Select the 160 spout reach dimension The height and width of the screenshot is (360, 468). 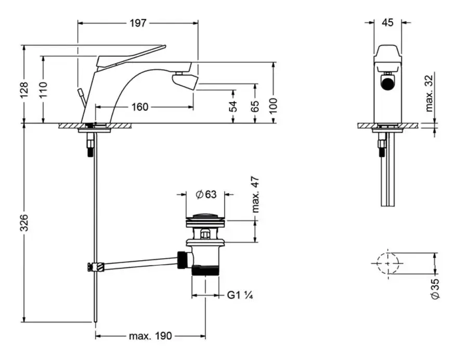[x=139, y=107]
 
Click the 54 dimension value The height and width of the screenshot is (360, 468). [x=233, y=107]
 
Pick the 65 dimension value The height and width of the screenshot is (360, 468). [x=255, y=107]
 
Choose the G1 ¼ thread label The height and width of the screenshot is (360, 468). [x=240, y=295]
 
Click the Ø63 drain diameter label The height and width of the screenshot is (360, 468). [x=206, y=194]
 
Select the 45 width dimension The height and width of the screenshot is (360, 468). [x=387, y=22]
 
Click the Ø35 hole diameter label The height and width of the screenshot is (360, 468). [x=435, y=288]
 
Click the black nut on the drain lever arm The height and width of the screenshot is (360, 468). [x=183, y=259]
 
